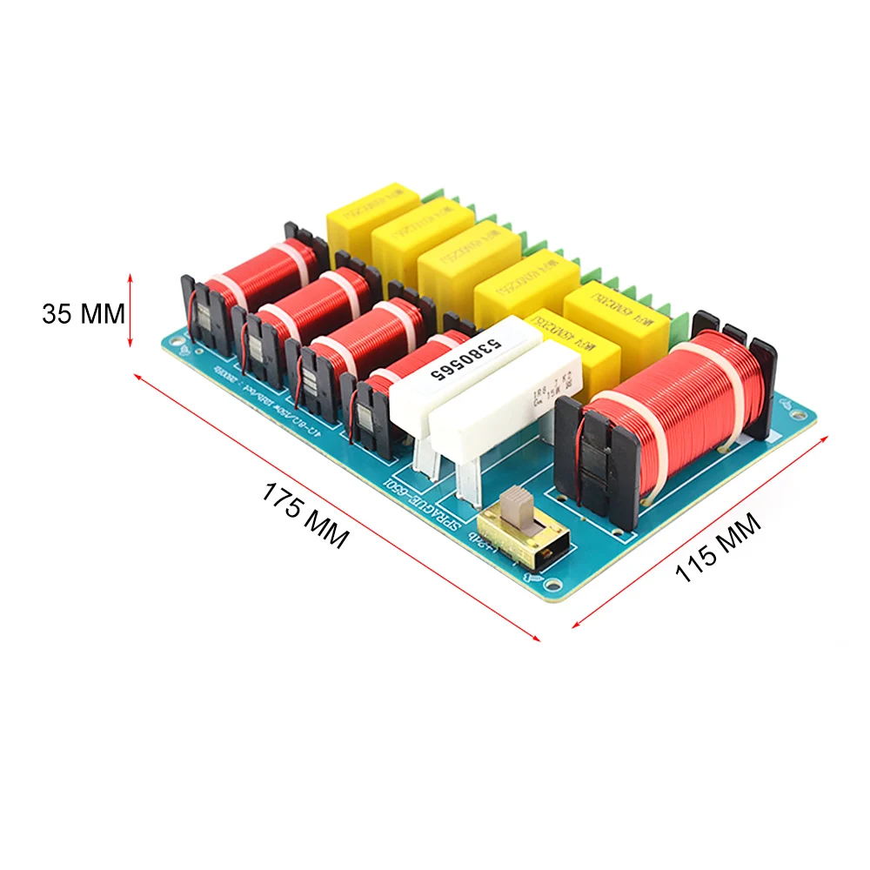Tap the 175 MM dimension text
click(x=305, y=514)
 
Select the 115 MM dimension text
click(x=719, y=548)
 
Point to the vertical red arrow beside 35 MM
click(x=131, y=310)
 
